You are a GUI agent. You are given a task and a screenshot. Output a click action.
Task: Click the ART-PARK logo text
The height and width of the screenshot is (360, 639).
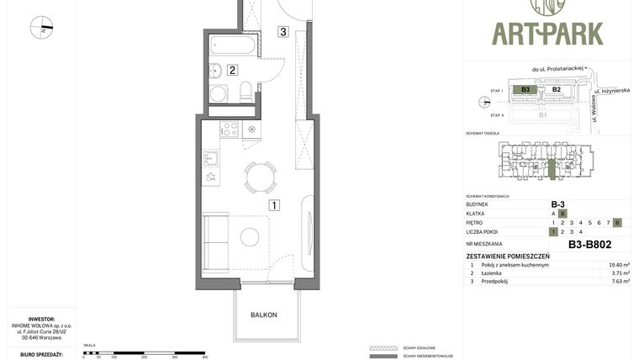click(x=547, y=34)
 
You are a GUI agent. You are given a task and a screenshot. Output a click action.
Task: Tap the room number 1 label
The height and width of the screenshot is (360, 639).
click(x=274, y=204)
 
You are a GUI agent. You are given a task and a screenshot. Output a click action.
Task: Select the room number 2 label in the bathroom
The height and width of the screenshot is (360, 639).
click(x=232, y=71)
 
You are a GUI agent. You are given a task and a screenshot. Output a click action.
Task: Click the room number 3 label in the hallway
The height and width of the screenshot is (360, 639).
click(x=284, y=32)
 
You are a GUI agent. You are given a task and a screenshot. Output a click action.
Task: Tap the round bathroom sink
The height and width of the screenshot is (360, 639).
click(x=217, y=93)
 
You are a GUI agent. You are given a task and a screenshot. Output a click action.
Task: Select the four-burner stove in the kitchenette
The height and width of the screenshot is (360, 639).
click(x=229, y=130)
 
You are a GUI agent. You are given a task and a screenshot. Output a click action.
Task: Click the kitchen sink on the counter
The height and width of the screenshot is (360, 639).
click(x=211, y=157)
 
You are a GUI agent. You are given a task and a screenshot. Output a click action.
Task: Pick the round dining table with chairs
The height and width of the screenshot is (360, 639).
click(x=260, y=177)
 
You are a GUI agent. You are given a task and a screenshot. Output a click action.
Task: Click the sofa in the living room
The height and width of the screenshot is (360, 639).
click(x=215, y=243)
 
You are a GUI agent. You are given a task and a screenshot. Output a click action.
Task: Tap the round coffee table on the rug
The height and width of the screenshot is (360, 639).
click(x=250, y=237)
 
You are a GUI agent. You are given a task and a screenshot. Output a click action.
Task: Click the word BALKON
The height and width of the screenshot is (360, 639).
click(x=263, y=315)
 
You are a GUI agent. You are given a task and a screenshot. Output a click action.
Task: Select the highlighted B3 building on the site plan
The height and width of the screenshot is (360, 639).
click(x=525, y=89)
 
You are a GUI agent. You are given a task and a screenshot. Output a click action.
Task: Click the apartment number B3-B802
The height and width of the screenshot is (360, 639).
click(x=589, y=245)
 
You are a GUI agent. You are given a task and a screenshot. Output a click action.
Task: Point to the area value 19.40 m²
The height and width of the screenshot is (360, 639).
click(x=619, y=265)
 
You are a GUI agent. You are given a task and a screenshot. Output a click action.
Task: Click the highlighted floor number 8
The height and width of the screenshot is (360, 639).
click(x=617, y=222)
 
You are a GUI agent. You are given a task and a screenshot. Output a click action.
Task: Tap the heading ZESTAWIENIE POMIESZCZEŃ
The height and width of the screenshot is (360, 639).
click(x=508, y=256)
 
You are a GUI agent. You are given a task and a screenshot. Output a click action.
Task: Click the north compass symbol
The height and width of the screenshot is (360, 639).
click(x=41, y=28)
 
